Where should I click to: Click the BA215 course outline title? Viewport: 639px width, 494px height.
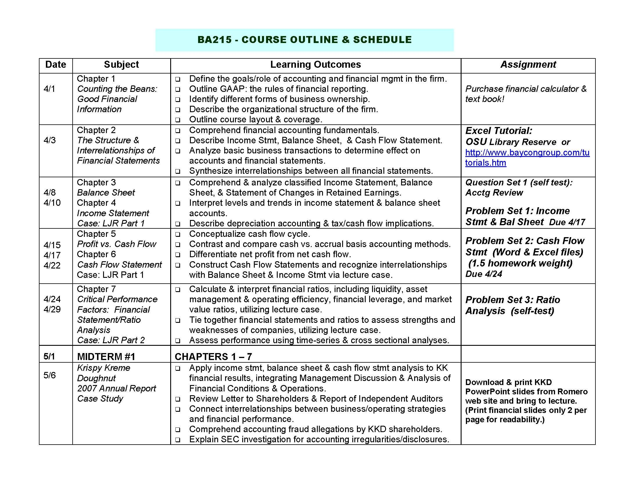(304, 40)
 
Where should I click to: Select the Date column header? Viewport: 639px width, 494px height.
(55, 65)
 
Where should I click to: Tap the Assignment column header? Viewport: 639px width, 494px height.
(528, 65)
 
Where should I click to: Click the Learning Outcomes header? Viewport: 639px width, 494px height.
(315, 65)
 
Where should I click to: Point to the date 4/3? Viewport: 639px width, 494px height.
(49, 140)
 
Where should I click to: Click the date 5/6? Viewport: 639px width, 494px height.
(49, 375)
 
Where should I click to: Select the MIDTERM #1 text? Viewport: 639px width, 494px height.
(106, 357)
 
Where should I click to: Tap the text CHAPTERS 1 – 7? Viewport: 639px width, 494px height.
(213, 357)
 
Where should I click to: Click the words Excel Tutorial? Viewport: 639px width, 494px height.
(498, 131)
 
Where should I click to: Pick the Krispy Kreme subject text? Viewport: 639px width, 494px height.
(104, 368)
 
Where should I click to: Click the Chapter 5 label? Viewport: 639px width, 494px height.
(96, 234)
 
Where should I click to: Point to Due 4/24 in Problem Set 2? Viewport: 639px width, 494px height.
(484, 274)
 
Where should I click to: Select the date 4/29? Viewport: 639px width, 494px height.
(52, 309)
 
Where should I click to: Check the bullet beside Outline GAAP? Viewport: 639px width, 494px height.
(177, 90)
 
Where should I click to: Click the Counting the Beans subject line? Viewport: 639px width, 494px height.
(117, 89)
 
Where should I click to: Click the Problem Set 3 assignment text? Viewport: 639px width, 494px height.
(513, 300)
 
